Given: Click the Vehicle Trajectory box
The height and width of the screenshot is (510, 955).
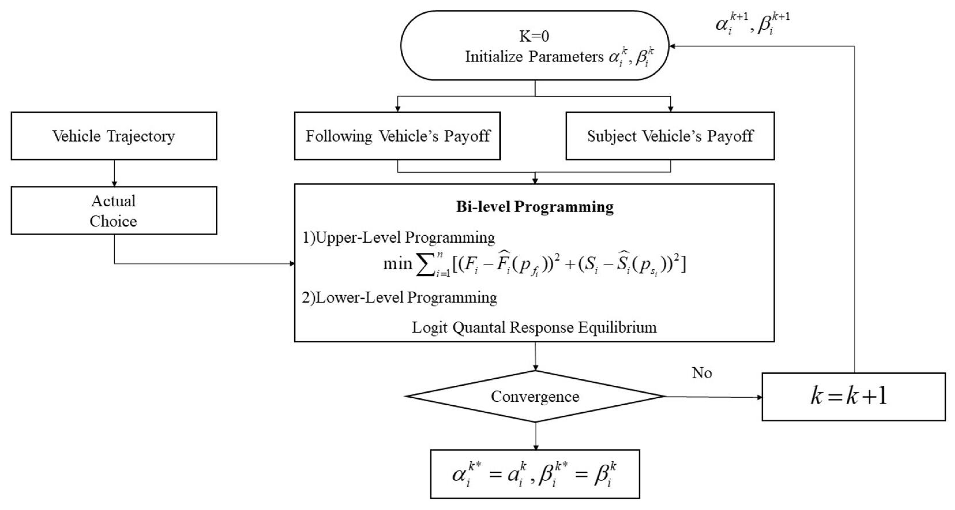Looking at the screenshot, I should click(x=113, y=136).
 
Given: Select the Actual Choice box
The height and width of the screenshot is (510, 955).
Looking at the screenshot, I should click(x=113, y=211).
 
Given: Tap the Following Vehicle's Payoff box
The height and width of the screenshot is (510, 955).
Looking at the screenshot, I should click(x=397, y=136).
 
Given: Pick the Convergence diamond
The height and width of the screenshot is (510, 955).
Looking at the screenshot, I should click(x=535, y=396).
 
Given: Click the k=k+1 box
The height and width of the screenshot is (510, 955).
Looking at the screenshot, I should click(x=853, y=397).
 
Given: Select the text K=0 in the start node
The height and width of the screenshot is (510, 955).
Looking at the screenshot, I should click(x=534, y=36).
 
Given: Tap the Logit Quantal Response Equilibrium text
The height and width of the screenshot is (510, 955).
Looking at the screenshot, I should click(x=534, y=328).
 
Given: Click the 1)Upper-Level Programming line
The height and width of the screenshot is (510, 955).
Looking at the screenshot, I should click(x=398, y=237).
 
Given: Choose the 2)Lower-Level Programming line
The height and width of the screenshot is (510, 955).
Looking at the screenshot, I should click(x=399, y=298).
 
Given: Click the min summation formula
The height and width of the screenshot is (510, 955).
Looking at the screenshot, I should click(x=534, y=265).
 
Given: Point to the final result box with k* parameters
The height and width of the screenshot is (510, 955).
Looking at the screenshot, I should click(x=535, y=474).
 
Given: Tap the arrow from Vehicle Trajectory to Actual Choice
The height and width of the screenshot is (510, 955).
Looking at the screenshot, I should click(x=114, y=173).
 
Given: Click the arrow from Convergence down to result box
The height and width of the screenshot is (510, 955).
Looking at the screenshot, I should click(x=535, y=436).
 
